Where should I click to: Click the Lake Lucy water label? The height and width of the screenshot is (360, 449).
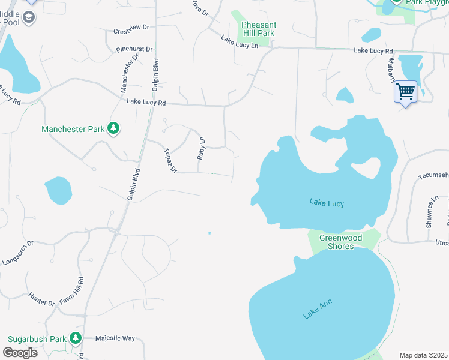click(x=327, y=203)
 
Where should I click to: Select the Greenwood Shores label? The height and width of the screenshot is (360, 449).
click(x=340, y=242)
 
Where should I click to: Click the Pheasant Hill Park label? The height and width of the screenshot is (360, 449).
click(x=258, y=29)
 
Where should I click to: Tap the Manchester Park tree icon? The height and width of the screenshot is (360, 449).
click(x=113, y=128)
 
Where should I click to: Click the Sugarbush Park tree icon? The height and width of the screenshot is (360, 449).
click(x=75, y=338)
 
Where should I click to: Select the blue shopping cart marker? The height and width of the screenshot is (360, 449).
click(x=406, y=92)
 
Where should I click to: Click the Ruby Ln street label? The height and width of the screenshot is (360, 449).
click(x=202, y=148)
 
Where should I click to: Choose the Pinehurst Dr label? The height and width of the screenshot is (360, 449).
click(x=134, y=49)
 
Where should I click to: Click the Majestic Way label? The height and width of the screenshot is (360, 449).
click(x=115, y=338)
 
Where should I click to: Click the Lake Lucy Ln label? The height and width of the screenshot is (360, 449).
click(x=239, y=42)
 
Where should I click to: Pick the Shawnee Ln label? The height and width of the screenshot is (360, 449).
click(x=429, y=210)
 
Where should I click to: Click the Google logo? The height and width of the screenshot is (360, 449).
click(x=20, y=353)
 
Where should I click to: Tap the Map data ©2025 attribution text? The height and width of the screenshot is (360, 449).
click(x=423, y=355)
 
